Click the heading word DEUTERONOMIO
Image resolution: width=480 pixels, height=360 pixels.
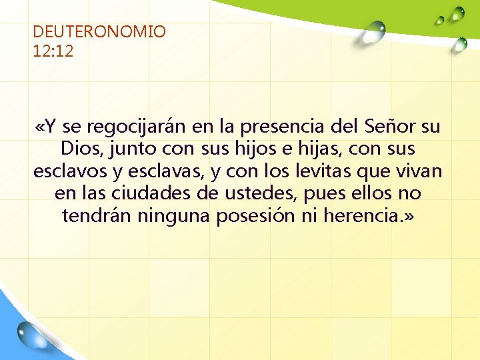pyautogui.click(x=99, y=31)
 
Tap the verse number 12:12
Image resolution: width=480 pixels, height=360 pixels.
pyautogui.click(x=53, y=51)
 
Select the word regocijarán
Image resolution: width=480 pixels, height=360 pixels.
pyautogui.click(x=135, y=126)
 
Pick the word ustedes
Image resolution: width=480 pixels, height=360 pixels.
pyautogui.click(x=270, y=194)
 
